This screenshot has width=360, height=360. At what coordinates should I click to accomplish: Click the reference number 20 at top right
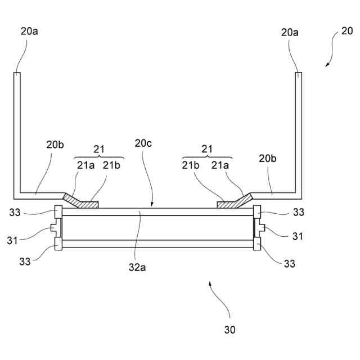coord(347,31)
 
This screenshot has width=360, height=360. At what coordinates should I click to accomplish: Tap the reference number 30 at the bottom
coord(230,329)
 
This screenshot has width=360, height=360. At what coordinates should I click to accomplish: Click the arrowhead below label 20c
coord(151,205)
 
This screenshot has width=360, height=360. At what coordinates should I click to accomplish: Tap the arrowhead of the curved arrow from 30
coord(210,284)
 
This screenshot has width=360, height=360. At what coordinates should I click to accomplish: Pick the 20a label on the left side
coord(29,31)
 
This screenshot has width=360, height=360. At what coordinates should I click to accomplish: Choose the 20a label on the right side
coord(290,32)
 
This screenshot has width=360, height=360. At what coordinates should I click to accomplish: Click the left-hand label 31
coord(12,240)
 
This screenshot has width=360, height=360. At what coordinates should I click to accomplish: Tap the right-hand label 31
coord(298,236)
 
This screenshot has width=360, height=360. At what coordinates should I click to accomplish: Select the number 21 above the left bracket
coord(99,148)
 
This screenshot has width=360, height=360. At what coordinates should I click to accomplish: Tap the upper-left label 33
coord(15,213)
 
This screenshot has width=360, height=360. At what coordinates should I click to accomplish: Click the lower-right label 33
coord(289,263)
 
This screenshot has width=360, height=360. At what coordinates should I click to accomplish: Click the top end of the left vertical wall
coord(17,73)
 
